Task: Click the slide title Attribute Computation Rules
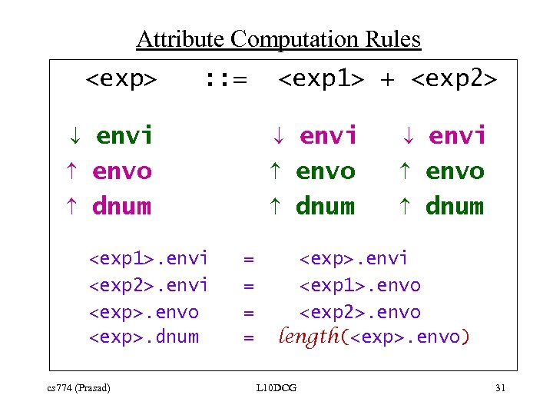278,38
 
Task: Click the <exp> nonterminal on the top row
121,79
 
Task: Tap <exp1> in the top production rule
321,79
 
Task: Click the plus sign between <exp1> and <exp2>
388,80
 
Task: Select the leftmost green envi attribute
124,136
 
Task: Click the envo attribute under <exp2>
455,171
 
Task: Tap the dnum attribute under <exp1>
325,206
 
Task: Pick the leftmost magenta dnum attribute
121,206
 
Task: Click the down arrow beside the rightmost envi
408,137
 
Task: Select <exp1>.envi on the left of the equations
148,258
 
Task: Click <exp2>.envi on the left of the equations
148,285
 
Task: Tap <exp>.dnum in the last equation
144,337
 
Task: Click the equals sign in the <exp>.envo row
248,312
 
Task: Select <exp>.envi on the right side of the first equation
353,258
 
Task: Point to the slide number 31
500,388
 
